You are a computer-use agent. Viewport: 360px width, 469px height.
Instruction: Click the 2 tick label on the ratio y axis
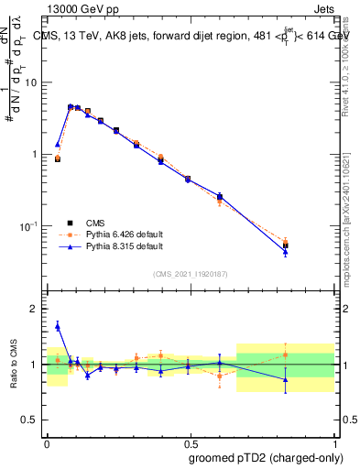(35, 310)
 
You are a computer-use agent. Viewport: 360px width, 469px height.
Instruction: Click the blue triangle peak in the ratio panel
(58, 325)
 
